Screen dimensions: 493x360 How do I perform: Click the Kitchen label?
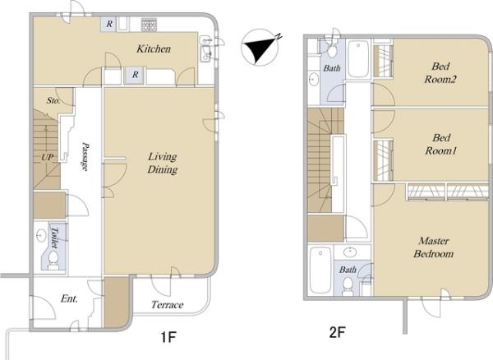tap(154, 48)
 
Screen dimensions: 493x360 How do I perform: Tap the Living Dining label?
tap(162, 163)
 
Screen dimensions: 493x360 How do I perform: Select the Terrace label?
tap(167, 305)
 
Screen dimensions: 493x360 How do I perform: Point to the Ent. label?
tap(69, 298)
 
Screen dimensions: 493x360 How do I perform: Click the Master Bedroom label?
tap(433, 247)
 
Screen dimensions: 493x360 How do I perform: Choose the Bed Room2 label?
tap(440, 72)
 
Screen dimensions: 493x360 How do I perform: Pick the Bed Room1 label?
tap(440, 144)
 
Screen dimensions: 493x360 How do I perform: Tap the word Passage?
tap(85, 156)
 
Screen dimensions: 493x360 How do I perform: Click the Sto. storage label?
tap(53, 100)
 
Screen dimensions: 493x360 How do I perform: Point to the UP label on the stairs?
tap(47, 157)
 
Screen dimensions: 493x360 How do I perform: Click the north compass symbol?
tap(260, 48)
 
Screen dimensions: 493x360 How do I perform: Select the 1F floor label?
tap(168, 337)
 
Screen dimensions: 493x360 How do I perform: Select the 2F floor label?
tap(338, 332)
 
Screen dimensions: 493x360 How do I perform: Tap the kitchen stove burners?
tap(149, 25)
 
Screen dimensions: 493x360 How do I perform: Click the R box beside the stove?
tap(109, 24)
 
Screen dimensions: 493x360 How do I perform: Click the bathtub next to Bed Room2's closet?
tap(358, 59)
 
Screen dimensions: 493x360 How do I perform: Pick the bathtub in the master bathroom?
tap(320, 270)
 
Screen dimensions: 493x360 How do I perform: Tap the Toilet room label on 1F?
tap(54, 238)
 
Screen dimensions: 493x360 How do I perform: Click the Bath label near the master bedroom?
tap(348, 270)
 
